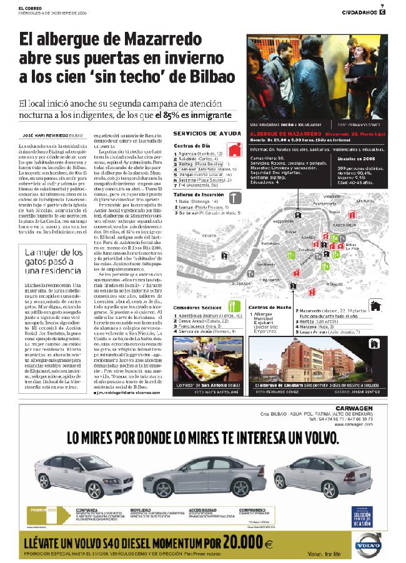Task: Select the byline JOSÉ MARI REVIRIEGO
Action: [45, 134]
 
